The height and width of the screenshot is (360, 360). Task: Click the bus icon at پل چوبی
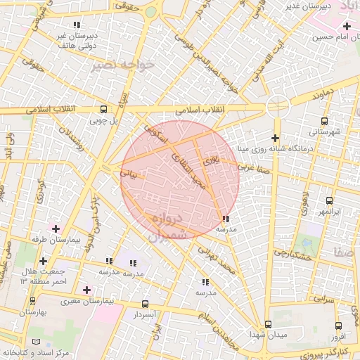(103, 110)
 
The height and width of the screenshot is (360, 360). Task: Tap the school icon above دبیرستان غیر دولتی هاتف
(76, 25)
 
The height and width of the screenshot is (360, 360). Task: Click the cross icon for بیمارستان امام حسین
(347, 26)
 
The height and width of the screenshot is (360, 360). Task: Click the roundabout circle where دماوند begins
(278, 106)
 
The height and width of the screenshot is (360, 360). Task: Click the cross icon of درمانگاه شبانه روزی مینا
(275, 138)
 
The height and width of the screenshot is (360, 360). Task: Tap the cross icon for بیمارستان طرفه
(56, 229)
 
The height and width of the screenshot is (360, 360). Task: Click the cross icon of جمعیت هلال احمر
(44, 261)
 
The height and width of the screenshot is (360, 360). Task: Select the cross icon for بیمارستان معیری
(87, 290)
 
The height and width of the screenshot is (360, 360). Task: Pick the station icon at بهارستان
(33, 301)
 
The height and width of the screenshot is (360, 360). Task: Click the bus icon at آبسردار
(146, 304)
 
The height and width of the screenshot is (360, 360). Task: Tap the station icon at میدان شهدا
(268, 324)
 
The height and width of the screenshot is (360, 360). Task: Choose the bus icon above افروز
(338, 326)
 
